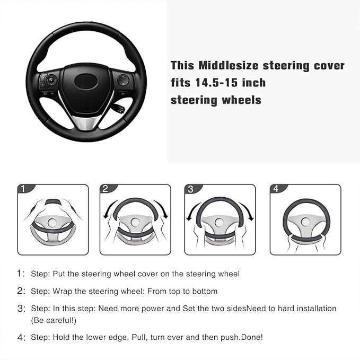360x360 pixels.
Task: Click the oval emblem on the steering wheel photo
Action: pyautogui.click(x=86, y=81)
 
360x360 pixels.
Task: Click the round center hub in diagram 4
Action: pyautogui.click(x=305, y=222)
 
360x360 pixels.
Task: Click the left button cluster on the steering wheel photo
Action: pyautogui.click(x=48, y=83)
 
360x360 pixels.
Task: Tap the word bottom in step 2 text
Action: pyautogui.click(x=205, y=291)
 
